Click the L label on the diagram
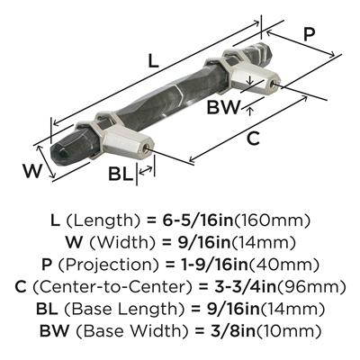(153, 61)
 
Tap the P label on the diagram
(309, 34)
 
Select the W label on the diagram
(31, 171)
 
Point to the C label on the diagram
(253, 139)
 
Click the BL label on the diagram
(121, 174)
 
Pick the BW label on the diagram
(224, 107)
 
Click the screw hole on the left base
(146, 148)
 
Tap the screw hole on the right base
(272, 84)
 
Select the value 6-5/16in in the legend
(198, 221)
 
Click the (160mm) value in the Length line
(272, 221)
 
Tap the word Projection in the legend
(109, 265)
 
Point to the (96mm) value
(310, 287)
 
